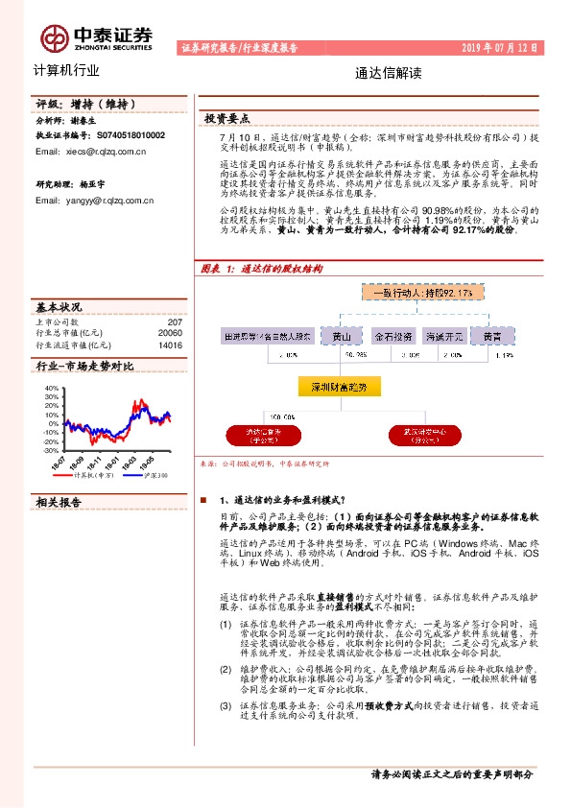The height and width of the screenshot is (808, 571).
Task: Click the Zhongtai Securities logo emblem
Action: pos(54,36)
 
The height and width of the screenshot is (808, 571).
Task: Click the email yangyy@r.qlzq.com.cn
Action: pos(95,201)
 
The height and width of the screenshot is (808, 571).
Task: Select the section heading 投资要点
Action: pos(227,119)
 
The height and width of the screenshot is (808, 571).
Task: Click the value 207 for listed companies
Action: pos(174,322)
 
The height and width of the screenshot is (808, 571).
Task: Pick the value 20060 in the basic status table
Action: pos(170,333)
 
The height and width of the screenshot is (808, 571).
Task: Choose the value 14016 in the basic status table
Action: pos(170,344)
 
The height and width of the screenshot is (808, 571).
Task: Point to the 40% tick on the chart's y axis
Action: pos(52,389)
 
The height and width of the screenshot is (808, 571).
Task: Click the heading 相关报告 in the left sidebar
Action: pos(59,502)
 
